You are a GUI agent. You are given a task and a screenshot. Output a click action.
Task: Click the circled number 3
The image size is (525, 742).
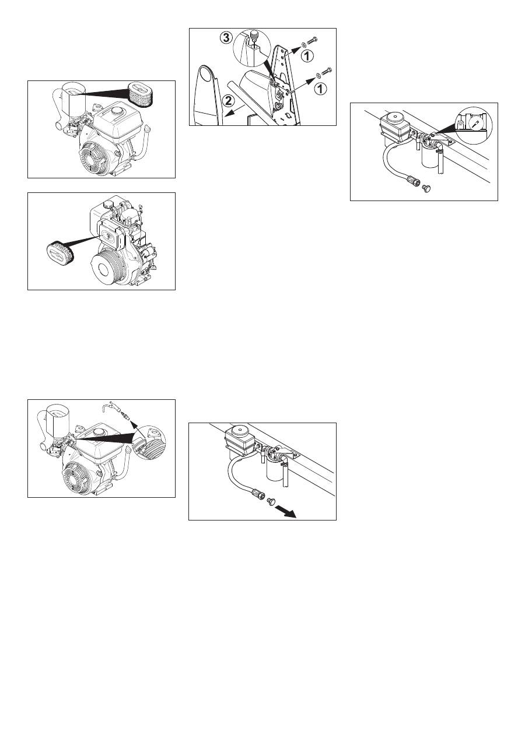coord(226,38)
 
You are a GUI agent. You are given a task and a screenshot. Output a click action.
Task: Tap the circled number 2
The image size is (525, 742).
coord(228,101)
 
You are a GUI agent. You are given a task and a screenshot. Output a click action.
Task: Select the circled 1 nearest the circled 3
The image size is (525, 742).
coord(307,56)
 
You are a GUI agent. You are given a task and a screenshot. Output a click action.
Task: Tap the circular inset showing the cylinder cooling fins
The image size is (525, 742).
coord(149,442)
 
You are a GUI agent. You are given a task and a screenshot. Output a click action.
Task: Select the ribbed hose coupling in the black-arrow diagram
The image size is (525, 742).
coord(259,495)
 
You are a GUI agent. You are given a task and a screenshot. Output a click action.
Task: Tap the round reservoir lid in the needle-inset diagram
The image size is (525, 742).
coord(393,117)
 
